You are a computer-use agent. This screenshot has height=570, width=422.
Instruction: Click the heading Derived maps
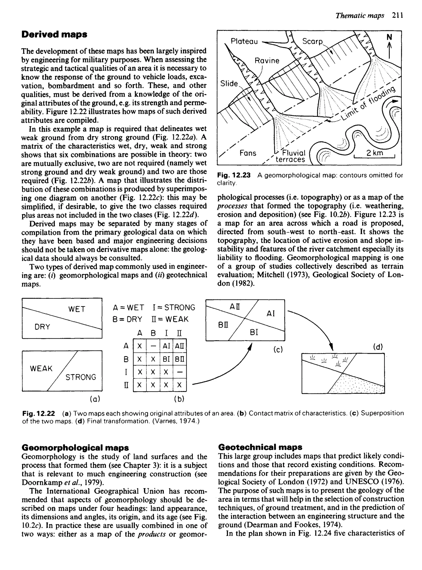coord(54,34)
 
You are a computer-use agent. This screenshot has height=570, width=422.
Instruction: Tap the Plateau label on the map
coord(244,41)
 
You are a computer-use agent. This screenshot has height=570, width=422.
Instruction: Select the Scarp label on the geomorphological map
coord(312,41)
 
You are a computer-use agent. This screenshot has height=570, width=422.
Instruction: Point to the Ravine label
coord(267,61)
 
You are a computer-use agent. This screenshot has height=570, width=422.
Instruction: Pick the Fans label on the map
coord(248,153)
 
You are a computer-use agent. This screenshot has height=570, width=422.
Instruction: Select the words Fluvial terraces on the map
coord(291,156)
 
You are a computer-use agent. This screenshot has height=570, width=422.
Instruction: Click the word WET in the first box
coord(77,309)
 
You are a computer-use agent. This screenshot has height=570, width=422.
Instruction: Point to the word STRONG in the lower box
coord(81,377)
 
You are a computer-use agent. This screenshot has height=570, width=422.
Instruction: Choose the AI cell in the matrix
coord(166,346)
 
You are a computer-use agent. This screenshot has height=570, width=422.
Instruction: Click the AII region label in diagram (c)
coord(235,307)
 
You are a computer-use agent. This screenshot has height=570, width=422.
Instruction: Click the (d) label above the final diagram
coord(378,347)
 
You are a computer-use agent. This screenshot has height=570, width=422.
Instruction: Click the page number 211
coord(398,16)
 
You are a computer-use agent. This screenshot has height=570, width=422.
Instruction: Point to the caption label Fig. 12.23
coord(234,175)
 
